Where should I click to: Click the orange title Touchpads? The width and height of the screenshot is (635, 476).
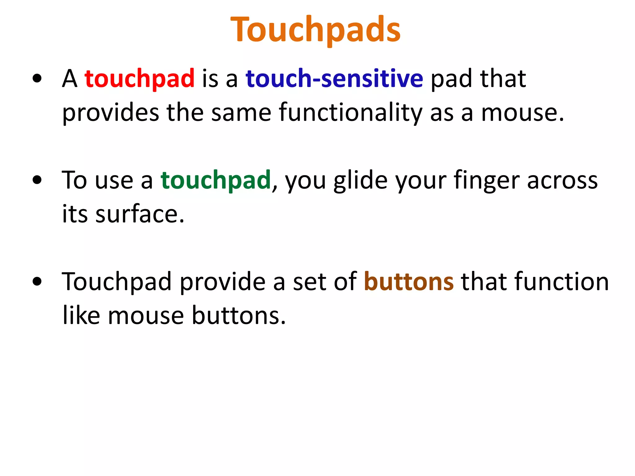click(316, 29)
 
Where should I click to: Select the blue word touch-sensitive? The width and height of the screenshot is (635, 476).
click(334, 78)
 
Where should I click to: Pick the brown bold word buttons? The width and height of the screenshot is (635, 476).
click(409, 282)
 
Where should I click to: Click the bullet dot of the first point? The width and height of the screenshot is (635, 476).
click(37, 79)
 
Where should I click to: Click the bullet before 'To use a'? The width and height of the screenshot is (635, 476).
click(37, 180)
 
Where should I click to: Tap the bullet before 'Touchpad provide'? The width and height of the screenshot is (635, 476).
click(37, 281)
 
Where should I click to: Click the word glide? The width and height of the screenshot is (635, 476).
click(361, 180)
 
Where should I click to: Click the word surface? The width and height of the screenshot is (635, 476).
click(140, 214)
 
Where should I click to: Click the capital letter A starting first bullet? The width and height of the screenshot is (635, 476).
click(69, 79)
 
